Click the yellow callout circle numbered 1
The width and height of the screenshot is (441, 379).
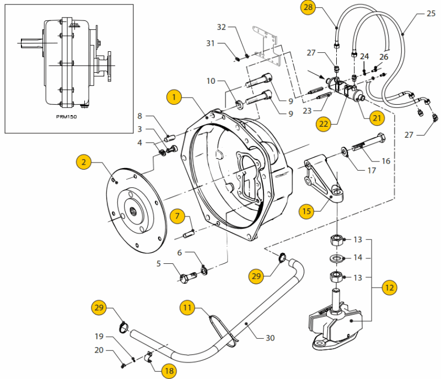174,98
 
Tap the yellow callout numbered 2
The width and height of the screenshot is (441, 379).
84,162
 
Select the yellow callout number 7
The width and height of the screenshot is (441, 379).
177,216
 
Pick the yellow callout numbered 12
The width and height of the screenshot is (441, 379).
389,288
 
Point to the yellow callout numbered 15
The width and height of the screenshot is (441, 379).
306,211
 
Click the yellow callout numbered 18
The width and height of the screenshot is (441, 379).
169,371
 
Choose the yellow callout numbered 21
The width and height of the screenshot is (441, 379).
377,118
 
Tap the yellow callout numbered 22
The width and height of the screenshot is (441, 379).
324,124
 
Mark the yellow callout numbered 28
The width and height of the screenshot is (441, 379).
308,7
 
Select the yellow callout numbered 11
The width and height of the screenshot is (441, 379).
187,307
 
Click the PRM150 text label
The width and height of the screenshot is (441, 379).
66,117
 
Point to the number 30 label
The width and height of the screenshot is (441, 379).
270,338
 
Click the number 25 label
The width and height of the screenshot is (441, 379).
431,13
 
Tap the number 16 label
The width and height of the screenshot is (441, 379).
386,161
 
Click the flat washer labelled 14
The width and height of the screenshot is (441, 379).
337,258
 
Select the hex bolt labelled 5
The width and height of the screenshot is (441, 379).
188,277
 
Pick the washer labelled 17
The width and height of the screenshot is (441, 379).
344,151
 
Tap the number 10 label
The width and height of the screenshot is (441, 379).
211,81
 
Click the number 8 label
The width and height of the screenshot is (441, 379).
140,116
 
